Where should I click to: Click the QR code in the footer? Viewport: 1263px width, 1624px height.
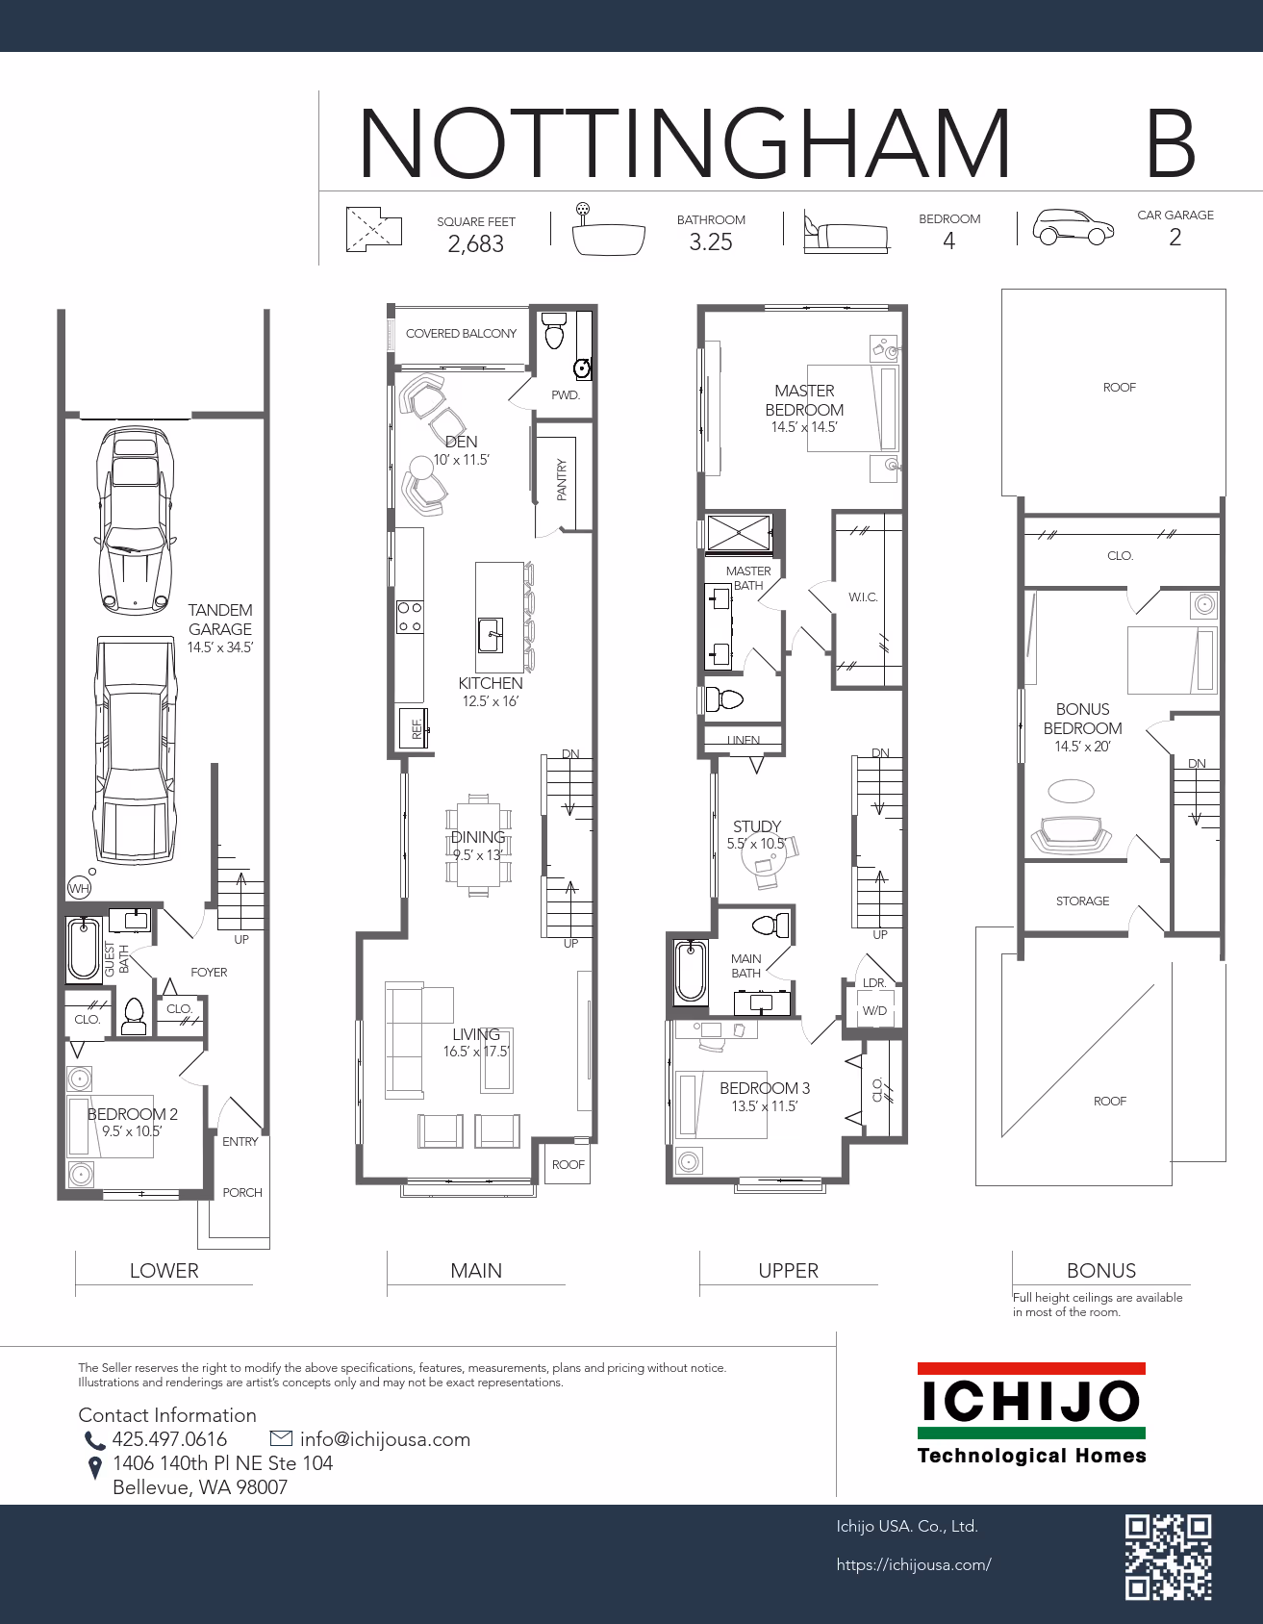(1169, 1557)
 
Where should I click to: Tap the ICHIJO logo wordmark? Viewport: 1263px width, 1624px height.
(1031, 1402)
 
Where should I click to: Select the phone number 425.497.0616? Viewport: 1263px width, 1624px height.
(169, 1439)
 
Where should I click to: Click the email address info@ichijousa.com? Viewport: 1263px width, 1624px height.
(385, 1439)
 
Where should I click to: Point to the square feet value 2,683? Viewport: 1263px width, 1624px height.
(476, 244)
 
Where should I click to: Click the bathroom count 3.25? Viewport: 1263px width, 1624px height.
(711, 242)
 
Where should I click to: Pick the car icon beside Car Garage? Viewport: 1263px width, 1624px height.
(1074, 227)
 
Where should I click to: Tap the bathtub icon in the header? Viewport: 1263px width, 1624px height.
(608, 231)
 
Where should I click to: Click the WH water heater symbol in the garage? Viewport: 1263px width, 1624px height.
(79, 888)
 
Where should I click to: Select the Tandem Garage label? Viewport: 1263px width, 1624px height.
(220, 620)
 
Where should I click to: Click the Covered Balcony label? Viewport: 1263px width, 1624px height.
(461, 334)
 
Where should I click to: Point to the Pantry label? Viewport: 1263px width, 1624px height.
(562, 479)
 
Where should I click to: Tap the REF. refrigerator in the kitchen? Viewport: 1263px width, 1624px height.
(416, 728)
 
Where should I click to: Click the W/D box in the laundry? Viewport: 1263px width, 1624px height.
(874, 1011)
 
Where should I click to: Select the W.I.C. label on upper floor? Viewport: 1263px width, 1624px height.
(863, 597)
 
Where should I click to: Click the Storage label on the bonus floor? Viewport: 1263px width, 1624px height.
(1082, 901)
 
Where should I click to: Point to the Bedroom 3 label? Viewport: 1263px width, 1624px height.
(765, 1088)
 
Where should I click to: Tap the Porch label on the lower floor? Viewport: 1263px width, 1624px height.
(242, 1193)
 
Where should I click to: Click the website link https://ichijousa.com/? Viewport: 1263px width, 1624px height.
(914, 1565)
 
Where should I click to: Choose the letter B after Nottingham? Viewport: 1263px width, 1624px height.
(1171, 143)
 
